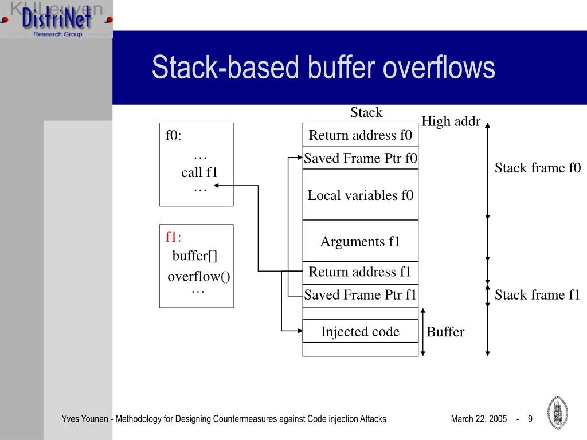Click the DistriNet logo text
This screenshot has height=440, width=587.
(x=56, y=18)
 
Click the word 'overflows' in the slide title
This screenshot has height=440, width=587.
(x=439, y=68)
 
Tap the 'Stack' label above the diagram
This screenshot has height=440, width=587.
(x=366, y=112)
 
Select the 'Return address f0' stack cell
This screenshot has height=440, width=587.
(x=360, y=135)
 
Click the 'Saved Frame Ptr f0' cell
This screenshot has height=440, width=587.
(x=360, y=158)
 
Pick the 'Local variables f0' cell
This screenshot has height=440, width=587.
(x=360, y=195)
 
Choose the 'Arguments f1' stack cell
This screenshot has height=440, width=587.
(x=360, y=241)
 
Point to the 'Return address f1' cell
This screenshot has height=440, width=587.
(x=360, y=272)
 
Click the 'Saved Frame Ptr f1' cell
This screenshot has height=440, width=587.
(x=360, y=295)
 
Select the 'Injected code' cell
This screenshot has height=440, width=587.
(x=360, y=332)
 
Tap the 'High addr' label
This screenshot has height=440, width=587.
(x=451, y=121)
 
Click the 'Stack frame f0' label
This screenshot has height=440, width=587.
(x=538, y=168)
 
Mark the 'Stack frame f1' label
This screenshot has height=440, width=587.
(x=537, y=295)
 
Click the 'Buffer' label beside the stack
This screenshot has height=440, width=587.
(x=445, y=332)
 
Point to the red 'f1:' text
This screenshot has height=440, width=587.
(x=173, y=237)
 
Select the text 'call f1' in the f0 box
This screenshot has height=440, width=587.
(x=199, y=172)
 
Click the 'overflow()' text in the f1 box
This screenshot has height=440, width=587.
(x=199, y=277)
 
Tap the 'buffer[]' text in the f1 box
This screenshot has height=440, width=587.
(x=195, y=256)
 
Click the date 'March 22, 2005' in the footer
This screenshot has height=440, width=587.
(x=479, y=419)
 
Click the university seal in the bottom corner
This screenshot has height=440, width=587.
(x=558, y=412)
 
